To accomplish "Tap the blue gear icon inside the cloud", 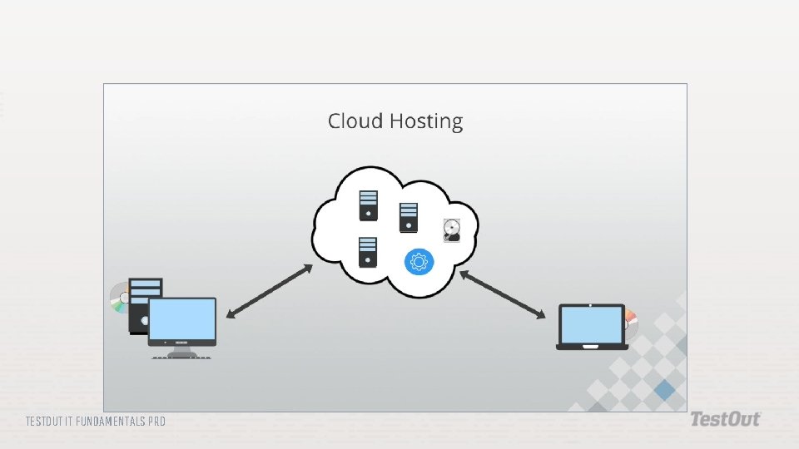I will click(x=419, y=262).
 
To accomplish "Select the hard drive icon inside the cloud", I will click(x=451, y=230).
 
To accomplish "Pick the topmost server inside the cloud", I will click(x=368, y=205).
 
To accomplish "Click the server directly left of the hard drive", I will click(x=408, y=218).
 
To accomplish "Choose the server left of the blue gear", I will click(x=368, y=252).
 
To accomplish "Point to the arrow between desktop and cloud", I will click(x=269, y=291).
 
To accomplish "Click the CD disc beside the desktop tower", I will click(x=118, y=299).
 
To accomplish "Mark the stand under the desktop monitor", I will click(x=181, y=353).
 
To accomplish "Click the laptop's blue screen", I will click(x=591, y=323).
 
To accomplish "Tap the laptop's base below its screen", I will click(x=592, y=346).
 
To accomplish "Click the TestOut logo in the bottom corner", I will click(x=724, y=420).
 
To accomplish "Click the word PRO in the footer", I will click(x=156, y=422).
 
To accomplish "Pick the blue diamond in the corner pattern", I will click(x=664, y=389).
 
